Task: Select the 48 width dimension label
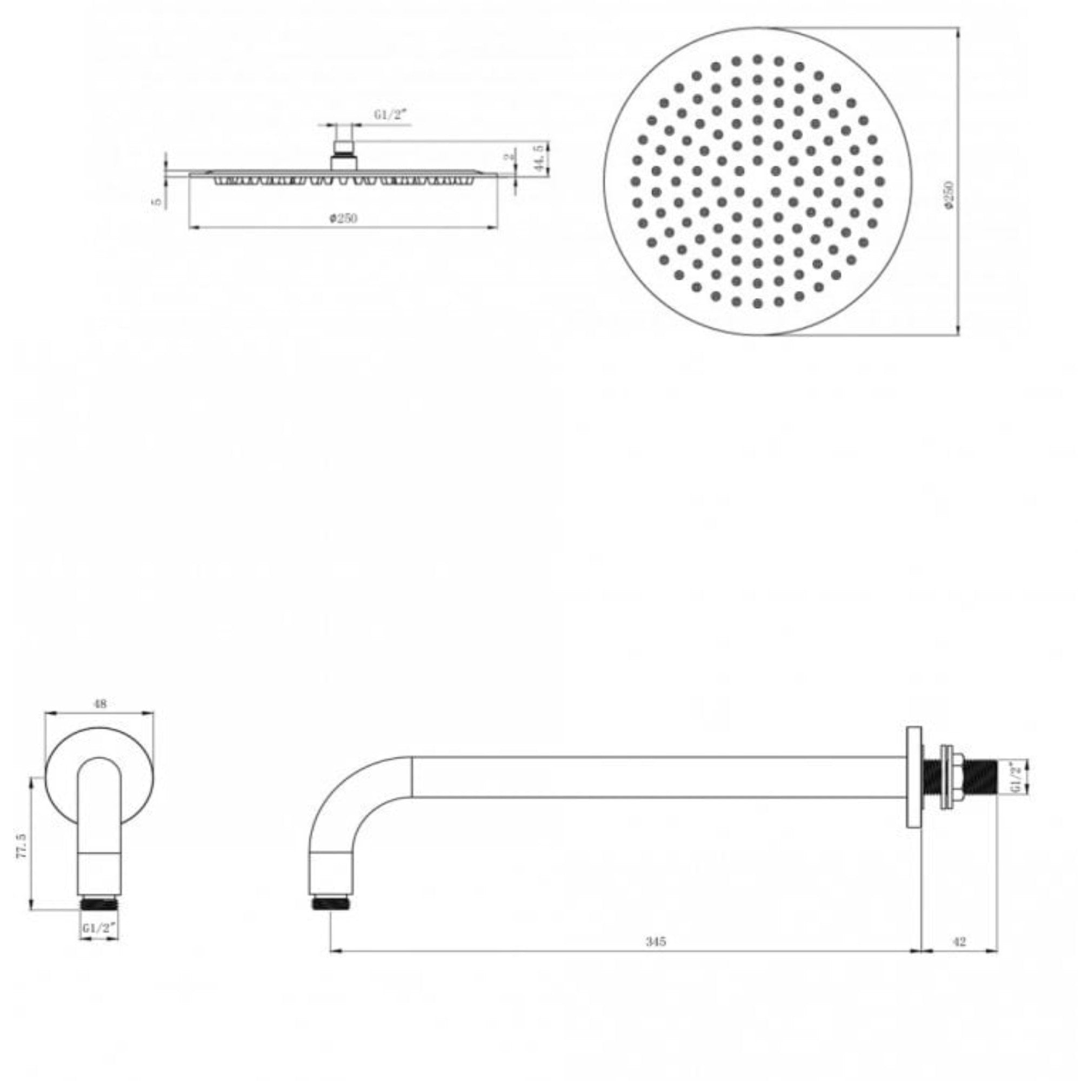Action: pos(100,704)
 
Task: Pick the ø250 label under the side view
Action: pos(343,218)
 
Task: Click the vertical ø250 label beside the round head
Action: pos(949,195)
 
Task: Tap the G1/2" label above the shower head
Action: pos(391,116)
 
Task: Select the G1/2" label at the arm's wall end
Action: pos(1017,778)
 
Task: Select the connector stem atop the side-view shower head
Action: pos(343,154)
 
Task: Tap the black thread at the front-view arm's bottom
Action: pos(99,903)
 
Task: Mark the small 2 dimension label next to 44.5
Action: pos(509,157)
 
